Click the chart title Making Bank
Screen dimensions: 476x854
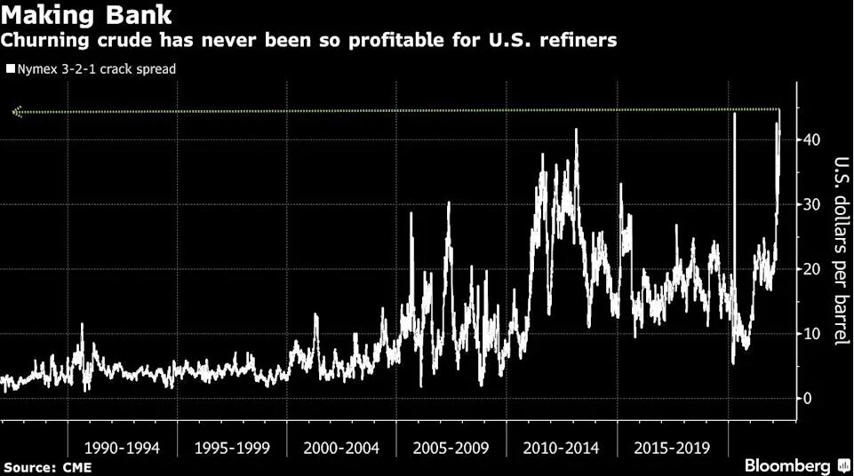(87, 15)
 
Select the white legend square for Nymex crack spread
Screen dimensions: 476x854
(10, 67)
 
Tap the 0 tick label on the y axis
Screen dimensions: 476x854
(807, 399)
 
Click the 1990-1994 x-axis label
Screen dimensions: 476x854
(123, 447)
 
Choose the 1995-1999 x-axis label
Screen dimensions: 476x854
(232, 447)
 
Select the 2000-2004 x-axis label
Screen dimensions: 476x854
(341, 447)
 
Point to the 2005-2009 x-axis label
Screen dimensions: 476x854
(451, 447)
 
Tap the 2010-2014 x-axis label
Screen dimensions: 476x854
(560, 447)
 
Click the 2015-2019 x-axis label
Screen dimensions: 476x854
(672, 447)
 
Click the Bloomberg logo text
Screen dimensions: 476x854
(787, 465)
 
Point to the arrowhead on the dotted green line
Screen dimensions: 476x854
(16, 112)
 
